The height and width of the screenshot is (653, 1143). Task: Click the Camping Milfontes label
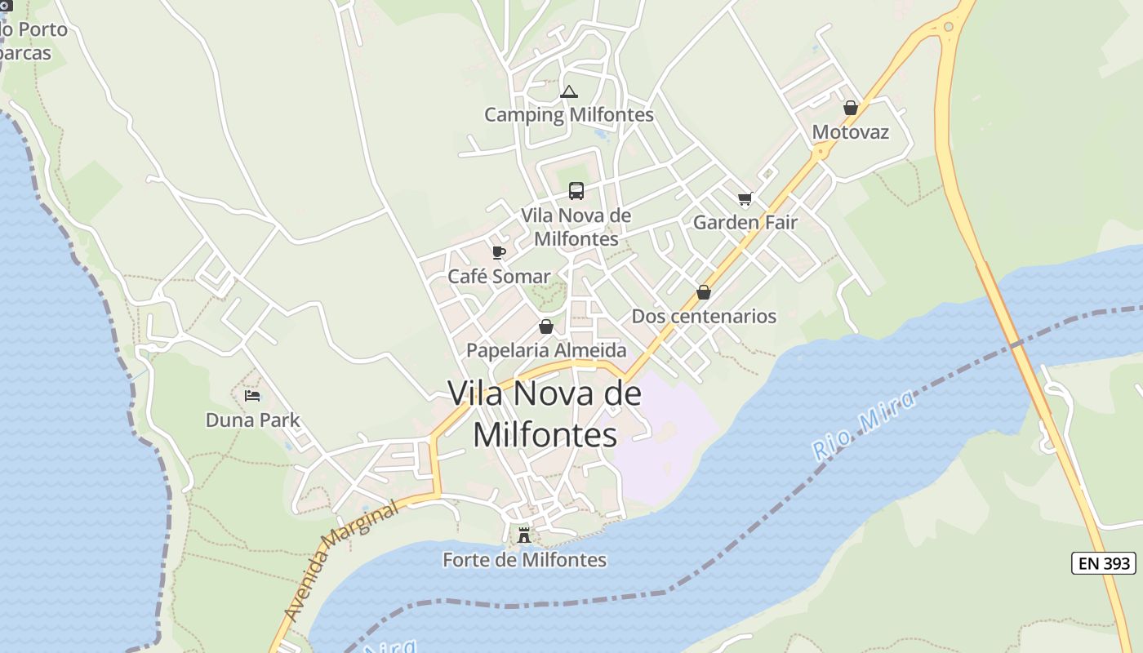569,114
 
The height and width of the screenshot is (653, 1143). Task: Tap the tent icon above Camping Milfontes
569,91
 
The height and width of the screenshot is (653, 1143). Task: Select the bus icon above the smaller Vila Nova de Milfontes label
576,191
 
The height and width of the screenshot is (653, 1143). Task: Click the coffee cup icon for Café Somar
499,252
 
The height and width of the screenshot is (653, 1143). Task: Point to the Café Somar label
499,277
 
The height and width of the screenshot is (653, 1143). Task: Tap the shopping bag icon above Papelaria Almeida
546,326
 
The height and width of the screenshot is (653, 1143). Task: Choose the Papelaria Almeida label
546,350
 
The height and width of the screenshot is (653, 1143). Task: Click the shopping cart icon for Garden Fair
745,198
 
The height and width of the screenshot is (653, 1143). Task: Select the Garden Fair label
745,222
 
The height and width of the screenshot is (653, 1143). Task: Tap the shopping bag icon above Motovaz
851,108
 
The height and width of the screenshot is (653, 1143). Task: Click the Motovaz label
851,132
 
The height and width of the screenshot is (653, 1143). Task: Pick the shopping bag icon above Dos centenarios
704,292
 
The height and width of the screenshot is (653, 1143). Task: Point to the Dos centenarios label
704,316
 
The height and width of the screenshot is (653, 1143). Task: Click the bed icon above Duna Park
253,396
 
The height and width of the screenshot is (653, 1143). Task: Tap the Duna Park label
253,420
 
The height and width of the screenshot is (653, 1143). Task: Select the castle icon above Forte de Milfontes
524,535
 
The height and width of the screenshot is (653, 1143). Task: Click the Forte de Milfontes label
524,560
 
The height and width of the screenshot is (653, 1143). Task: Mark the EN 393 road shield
1104,563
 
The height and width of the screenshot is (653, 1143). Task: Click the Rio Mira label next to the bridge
864,424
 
